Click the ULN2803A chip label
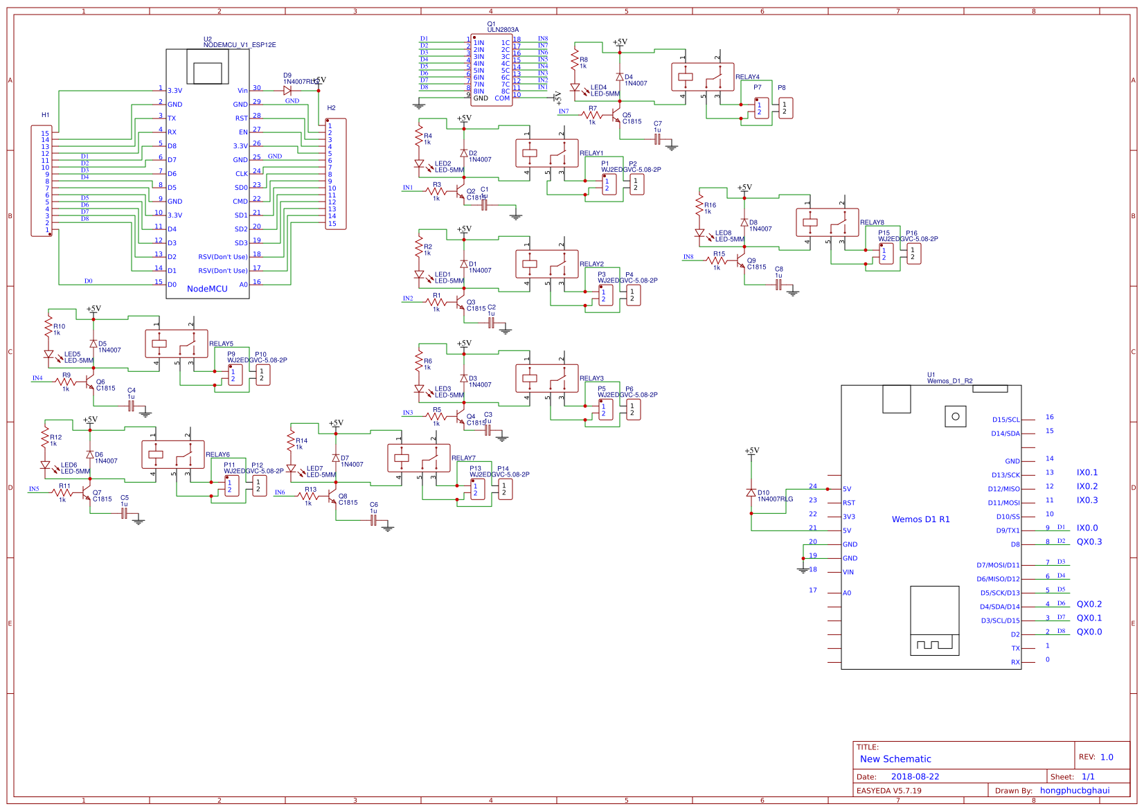(503, 30)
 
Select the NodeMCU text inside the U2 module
(207, 289)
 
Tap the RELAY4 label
(747, 77)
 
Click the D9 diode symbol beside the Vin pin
(287, 90)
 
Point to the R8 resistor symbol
(575, 60)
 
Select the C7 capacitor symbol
(657, 139)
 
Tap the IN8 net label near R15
(688, 257)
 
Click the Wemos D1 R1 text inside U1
(920, 519)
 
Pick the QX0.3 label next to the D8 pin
(1089, 542)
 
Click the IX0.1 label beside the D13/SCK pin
(1087, 473)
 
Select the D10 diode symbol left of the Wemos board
(751, 492)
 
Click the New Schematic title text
(895, 759)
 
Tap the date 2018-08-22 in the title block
(915, 777)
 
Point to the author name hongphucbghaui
(1074, 791)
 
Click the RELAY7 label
(463, 458)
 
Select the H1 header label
(45, 115)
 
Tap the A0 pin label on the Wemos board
(847, 594)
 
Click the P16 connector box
(913, 253)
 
